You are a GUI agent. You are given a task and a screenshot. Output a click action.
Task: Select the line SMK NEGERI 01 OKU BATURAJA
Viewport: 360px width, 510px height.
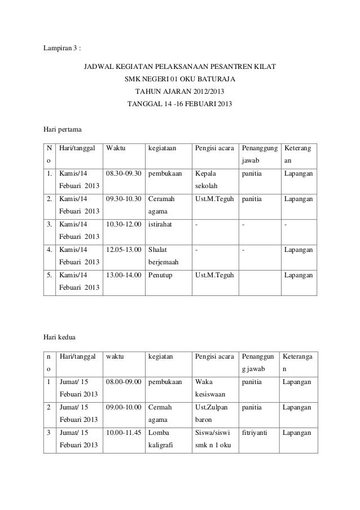[x=180, y=80]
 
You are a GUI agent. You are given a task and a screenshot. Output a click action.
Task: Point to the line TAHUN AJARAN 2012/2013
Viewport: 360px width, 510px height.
[x=180, y=92]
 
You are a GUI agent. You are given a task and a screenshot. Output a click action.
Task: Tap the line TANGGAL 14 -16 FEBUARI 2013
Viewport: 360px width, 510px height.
[x=180, y=104]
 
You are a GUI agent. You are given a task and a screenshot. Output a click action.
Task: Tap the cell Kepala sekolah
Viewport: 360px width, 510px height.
[x=205, y=179]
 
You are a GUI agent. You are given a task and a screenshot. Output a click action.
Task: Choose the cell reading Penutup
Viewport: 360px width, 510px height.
[x=161, y=276]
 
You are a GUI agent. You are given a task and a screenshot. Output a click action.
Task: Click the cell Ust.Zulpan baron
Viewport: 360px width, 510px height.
[x=212, y=413]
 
